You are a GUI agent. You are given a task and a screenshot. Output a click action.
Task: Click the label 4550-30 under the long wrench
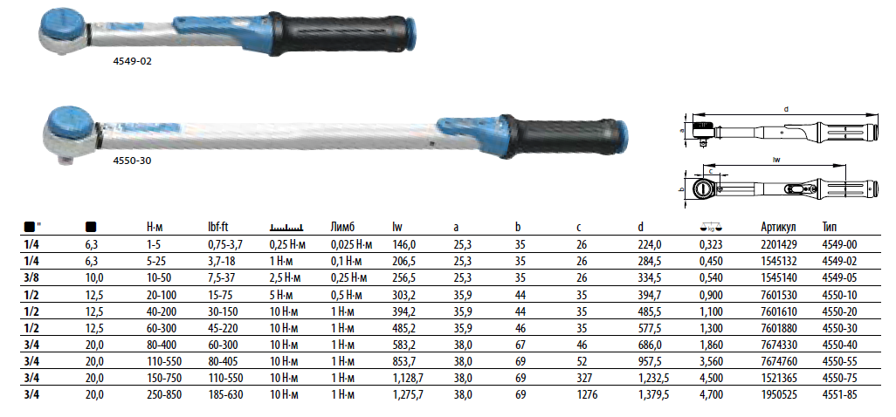click(132, 161)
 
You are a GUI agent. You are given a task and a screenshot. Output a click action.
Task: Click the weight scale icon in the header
click(711, 228)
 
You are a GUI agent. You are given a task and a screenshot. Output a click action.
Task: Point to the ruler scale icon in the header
click(286, 228)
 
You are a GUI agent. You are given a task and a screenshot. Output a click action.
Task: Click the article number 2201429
click(779, 245)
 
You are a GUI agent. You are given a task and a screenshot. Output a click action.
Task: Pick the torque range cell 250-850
click(164, 394)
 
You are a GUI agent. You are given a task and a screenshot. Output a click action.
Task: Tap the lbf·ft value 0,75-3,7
click(225, 245)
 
